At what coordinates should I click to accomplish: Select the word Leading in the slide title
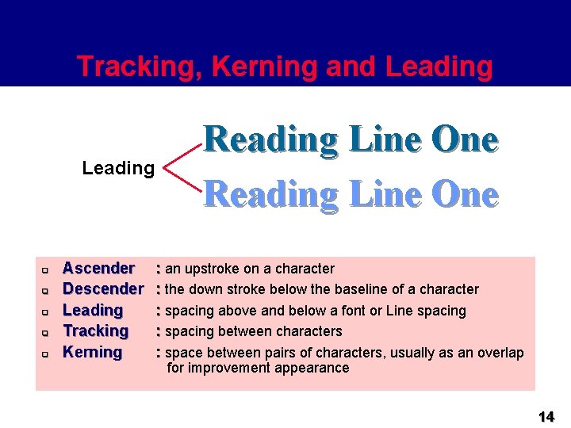(x=439, y=67)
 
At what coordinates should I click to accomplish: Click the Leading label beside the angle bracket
(x=118, y=168)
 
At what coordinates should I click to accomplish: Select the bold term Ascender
(x=98, y=269)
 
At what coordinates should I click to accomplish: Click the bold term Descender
(x=103, y=289)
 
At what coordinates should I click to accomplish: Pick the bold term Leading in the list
(x=93, y=310)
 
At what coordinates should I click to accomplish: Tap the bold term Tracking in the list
(x=95, y=331)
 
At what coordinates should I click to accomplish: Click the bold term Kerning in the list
(x=92, y=352)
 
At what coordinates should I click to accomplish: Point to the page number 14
(x=546, y=417)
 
